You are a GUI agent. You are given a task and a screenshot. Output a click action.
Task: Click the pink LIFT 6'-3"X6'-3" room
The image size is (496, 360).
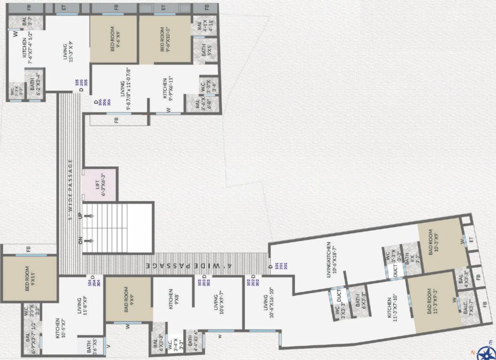(99, 185)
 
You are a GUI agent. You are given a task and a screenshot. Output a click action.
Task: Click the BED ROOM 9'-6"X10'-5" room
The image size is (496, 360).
(165, 40)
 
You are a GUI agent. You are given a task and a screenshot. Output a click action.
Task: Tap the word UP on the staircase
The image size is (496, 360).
(81, 216)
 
